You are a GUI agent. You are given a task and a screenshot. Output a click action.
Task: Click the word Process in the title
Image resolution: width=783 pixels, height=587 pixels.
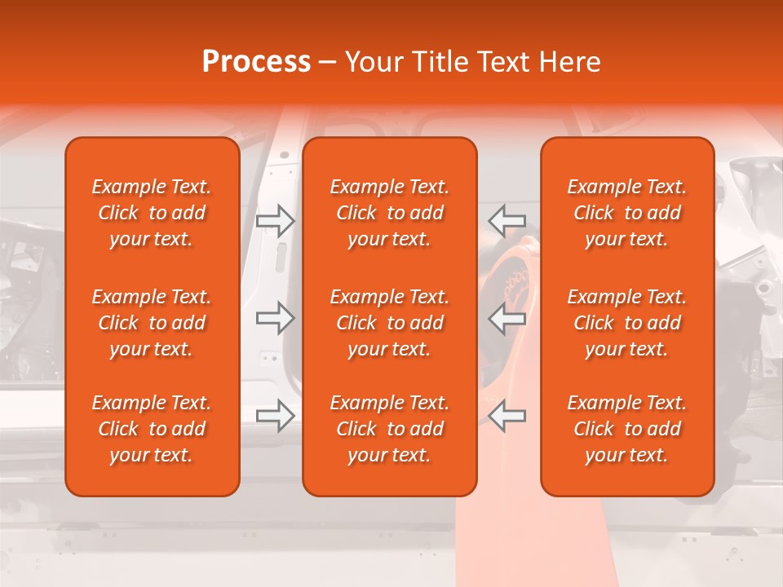[256, 62]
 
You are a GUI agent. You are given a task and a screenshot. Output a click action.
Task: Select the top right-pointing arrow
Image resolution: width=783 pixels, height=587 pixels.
[276, 220]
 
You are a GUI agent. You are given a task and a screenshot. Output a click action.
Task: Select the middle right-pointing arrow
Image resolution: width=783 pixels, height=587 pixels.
[276, 318]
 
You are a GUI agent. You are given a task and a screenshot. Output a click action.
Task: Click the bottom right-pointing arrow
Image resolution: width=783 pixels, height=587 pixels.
[276, 416]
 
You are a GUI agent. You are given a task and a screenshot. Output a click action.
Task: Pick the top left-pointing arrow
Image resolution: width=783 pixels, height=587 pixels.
[507, 220]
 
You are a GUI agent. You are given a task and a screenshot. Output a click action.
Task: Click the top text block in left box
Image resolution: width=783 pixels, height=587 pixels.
[152, 213]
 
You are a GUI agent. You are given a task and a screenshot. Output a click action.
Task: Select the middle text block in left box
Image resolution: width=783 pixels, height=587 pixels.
[152, 323]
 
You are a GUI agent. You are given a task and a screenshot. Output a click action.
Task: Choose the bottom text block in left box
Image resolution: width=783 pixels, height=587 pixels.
[152, 429]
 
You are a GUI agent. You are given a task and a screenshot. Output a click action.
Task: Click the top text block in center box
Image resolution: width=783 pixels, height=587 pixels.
[389, 213]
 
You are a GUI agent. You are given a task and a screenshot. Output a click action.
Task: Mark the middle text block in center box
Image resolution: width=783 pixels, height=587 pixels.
[389, 323]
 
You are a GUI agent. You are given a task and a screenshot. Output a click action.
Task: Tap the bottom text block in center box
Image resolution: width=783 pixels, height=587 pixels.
[389, 429]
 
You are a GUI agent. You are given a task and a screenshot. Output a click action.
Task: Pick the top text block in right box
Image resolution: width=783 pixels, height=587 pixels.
[627, 213]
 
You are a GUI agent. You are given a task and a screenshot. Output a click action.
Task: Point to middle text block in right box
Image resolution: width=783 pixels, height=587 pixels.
[627, 323]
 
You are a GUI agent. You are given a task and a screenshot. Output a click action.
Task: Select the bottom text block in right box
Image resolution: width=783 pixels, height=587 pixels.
[627, 429]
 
